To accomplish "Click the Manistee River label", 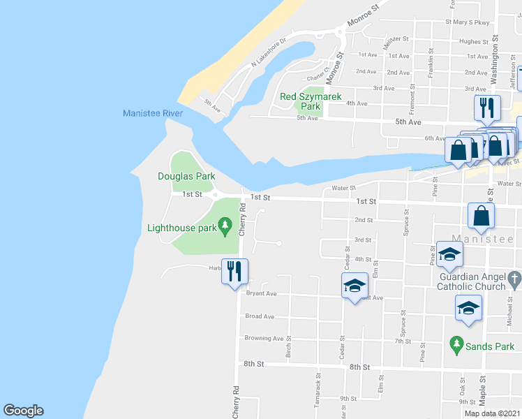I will [152, 113].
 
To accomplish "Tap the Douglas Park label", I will [186, 177].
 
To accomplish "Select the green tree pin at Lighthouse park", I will [225, 225].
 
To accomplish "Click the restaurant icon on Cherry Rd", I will [234, 270].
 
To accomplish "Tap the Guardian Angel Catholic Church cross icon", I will [514, 279].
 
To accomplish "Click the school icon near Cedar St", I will [354, 286].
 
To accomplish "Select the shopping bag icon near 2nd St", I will [482, 216].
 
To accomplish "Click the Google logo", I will [23, 411].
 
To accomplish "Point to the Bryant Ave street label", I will [261, 294].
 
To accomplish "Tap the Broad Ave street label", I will [260, 316].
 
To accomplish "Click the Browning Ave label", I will [264, 338].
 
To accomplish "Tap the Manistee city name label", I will [482, 238].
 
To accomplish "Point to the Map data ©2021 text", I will [491, 413].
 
